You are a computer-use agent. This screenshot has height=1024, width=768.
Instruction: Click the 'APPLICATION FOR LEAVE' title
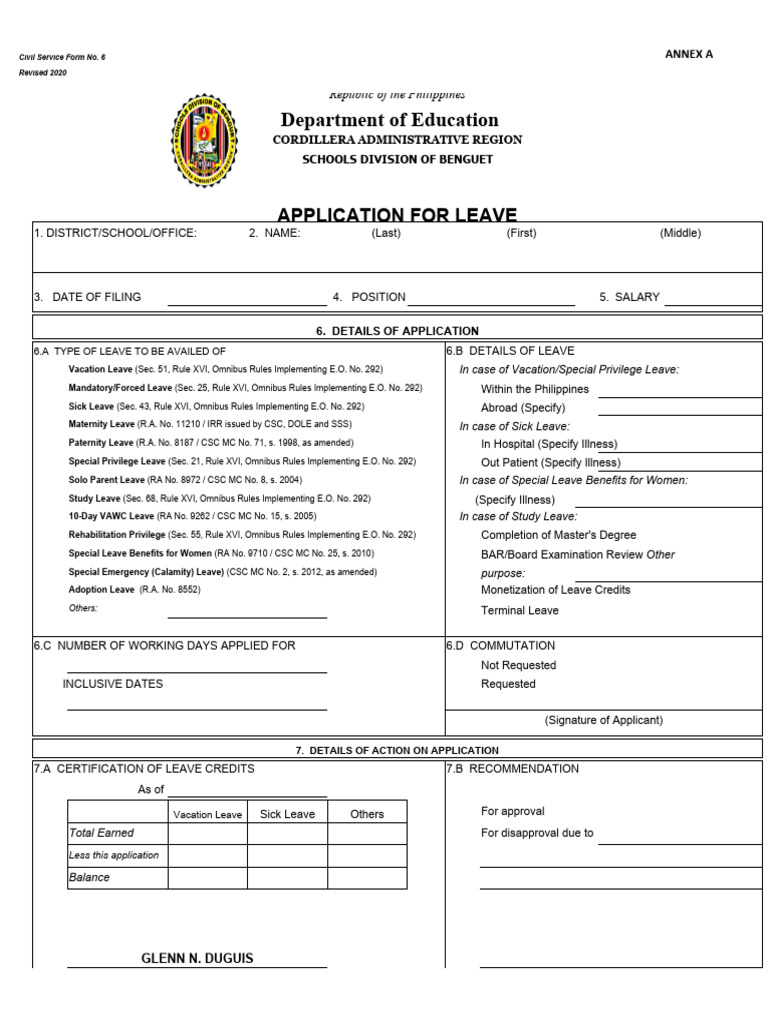[x=397, y=215]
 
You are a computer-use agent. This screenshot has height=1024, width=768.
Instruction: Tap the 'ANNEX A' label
[x=689, y=54]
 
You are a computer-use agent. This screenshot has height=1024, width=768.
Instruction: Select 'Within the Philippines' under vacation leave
[x=535, y=389]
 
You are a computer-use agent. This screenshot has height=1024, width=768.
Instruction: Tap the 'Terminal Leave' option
[x=519, y=610]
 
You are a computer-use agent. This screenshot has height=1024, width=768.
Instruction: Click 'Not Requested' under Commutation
[x=518, y=665]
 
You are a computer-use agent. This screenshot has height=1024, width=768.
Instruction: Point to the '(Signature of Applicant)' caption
[x=603, y=720]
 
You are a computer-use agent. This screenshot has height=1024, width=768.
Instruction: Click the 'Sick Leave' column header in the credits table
[x=287, y=814]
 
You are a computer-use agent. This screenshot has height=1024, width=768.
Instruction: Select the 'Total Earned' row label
[x=101, y=833]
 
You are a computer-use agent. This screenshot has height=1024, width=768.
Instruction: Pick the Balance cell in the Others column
[x=367, y=878]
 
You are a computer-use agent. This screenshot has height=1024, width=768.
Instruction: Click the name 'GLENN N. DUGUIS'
[x=197, y=958]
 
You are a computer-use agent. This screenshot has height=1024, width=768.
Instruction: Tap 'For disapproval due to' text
[x=537, y=833]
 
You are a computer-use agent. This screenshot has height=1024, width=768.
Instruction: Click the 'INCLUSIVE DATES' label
[x=113, y=684]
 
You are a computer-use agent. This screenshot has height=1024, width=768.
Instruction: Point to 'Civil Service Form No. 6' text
[x=62, y=57]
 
